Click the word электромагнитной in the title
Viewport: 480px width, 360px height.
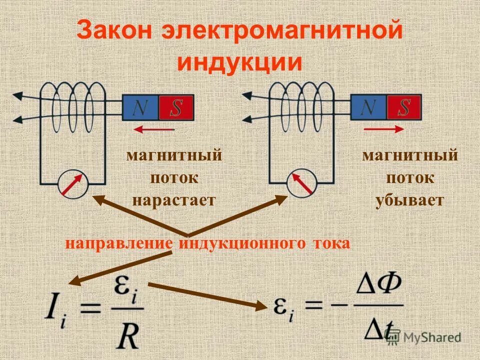(282, 32)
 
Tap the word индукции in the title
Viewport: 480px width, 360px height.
(240, 62)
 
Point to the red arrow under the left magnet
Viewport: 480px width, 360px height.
(154, 129)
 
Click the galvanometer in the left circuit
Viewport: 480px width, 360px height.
(73, 184)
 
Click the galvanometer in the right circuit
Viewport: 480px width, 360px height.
(301, 184)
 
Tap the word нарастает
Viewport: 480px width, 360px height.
(173, 200)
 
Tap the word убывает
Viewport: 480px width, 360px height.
(409, 200)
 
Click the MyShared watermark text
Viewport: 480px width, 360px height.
(432, 337)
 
